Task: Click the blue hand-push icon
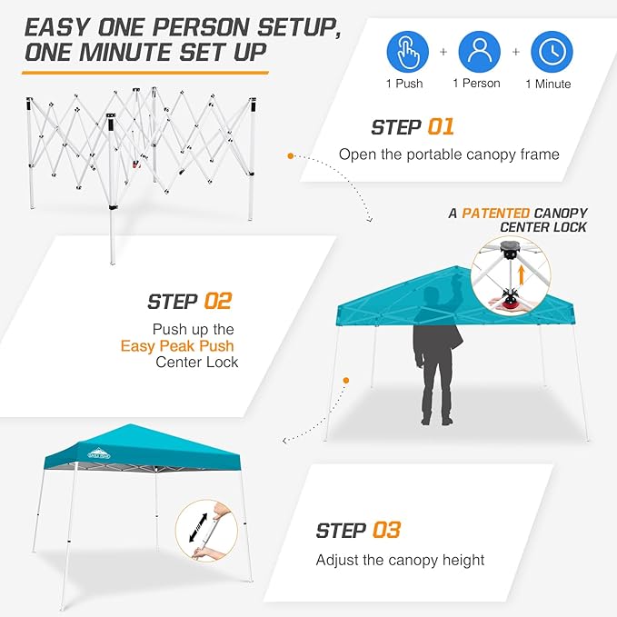409,52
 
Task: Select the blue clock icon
552,52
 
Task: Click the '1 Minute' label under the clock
548,85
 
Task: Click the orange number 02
218,301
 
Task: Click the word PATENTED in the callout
497,213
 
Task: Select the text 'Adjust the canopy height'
400,560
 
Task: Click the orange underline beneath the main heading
145,71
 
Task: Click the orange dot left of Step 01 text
291,156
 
